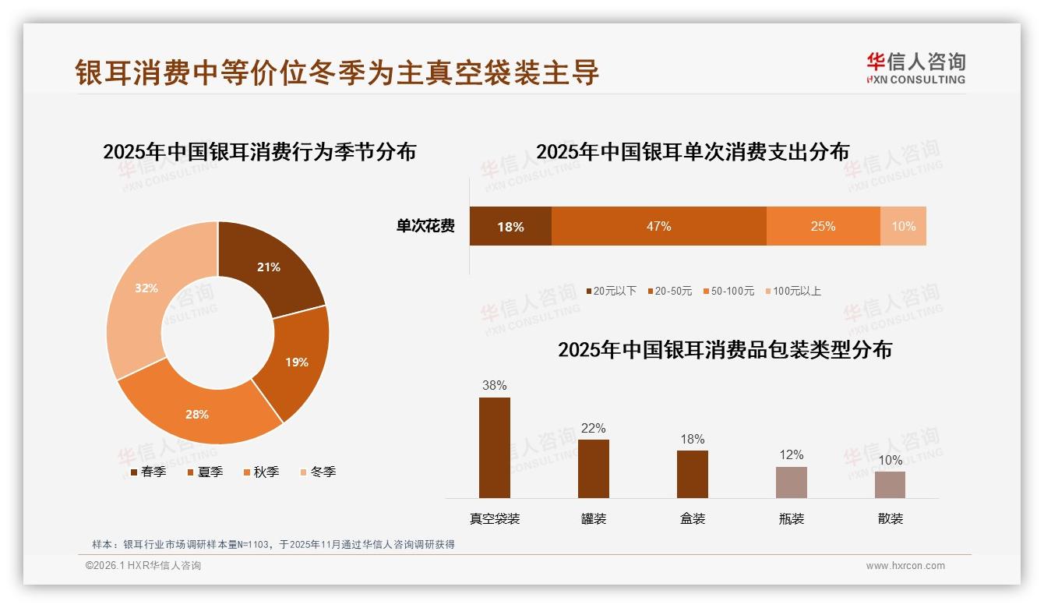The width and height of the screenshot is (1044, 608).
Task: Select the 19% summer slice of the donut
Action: pos(296,362)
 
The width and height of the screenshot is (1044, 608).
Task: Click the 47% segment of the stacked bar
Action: pos(658,226)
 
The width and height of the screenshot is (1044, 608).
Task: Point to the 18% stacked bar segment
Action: pos(510,226)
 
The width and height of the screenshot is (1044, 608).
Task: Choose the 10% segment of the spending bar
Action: pos(903,226)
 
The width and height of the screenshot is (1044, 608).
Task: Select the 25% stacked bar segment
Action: pos(823,226)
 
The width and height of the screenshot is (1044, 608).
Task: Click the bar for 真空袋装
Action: pos(495,447)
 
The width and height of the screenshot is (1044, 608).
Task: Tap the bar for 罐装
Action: pos(594,468)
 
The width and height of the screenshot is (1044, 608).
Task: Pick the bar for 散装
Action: pos(890,484)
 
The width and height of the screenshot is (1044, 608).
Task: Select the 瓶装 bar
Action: pos(791,482)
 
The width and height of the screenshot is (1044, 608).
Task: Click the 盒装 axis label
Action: pos(693,518)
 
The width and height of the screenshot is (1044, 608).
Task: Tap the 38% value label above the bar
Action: pos(495,385)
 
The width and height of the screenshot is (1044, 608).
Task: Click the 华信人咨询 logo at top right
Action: pos(915,68)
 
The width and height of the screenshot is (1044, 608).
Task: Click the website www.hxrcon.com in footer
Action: pos(905,566)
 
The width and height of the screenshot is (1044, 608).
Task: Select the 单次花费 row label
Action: pos(425,226)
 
